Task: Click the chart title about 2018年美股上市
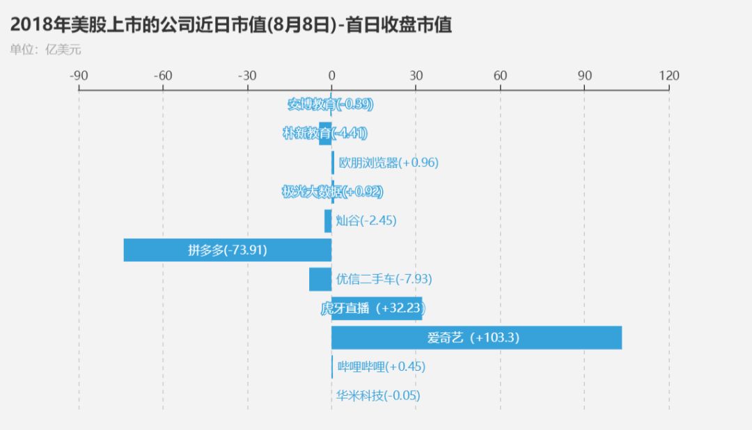click(x=230, y=26)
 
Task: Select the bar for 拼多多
click(x=227, y=250)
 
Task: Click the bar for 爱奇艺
click(x=476, y=337)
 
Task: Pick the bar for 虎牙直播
click(x=376, y=308)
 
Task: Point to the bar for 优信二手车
click(x=320, y=279)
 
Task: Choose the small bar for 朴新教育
click(x=325, y=133)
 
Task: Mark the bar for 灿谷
click(x=328, y=221)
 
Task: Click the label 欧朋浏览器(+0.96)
click(x=389, y=163)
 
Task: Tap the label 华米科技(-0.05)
click(x=378, y=396)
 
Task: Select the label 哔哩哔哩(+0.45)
click(x=381, y=367)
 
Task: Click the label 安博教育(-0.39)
click(x=331, y=104)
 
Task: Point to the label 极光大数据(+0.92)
click(x=332, y=191)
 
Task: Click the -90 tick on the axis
click(x=78, y=76)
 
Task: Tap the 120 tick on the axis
click(x=669, y=76)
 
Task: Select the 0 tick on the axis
click(x=331, y=76)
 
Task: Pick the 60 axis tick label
click(x=500, y=76)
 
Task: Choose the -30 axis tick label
click(x=246, y=76)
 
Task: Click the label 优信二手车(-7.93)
click(x=384, y=279)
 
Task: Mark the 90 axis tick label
click(x=584, y=76)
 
